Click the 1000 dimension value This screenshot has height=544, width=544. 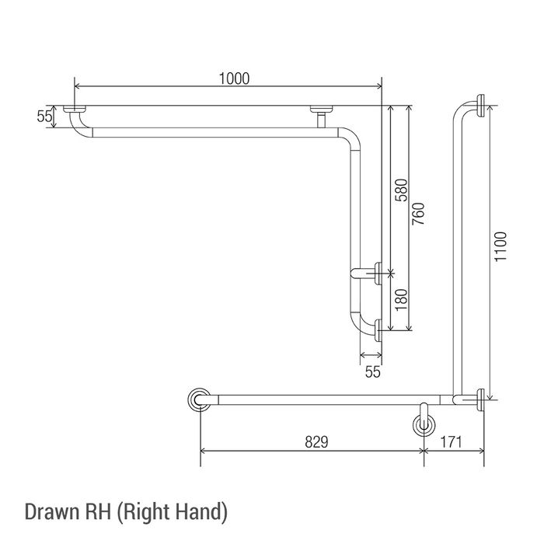(x=234, y=78)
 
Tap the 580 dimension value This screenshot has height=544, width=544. (x=401, y=190)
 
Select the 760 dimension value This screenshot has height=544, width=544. (x=418, y=214)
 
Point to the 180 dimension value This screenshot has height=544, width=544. (x=401, y=300)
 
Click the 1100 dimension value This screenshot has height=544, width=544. (x=500, y=246)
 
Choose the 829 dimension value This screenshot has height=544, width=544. (x=316, y=442)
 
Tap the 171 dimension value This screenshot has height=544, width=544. (x=451, y=442)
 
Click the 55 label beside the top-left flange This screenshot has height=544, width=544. (x=44, y=117)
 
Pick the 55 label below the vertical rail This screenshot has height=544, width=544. (x=372, y=372)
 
